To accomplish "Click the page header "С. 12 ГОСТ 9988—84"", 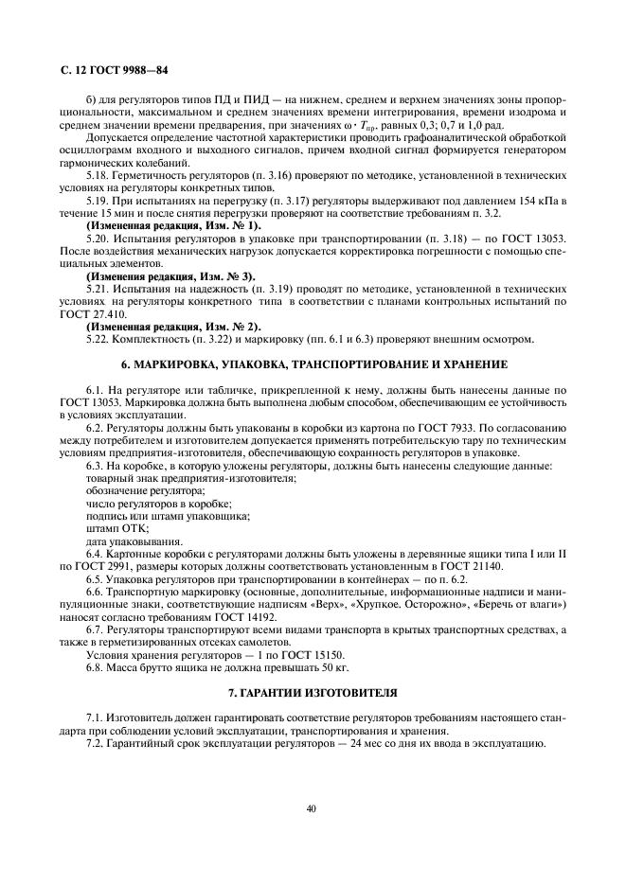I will click(114, 70).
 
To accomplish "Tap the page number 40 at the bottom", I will click(312, 808).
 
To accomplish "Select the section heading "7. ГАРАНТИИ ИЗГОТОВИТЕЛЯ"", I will click(313, 693).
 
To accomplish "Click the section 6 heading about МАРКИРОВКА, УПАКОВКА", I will click(313, 363).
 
